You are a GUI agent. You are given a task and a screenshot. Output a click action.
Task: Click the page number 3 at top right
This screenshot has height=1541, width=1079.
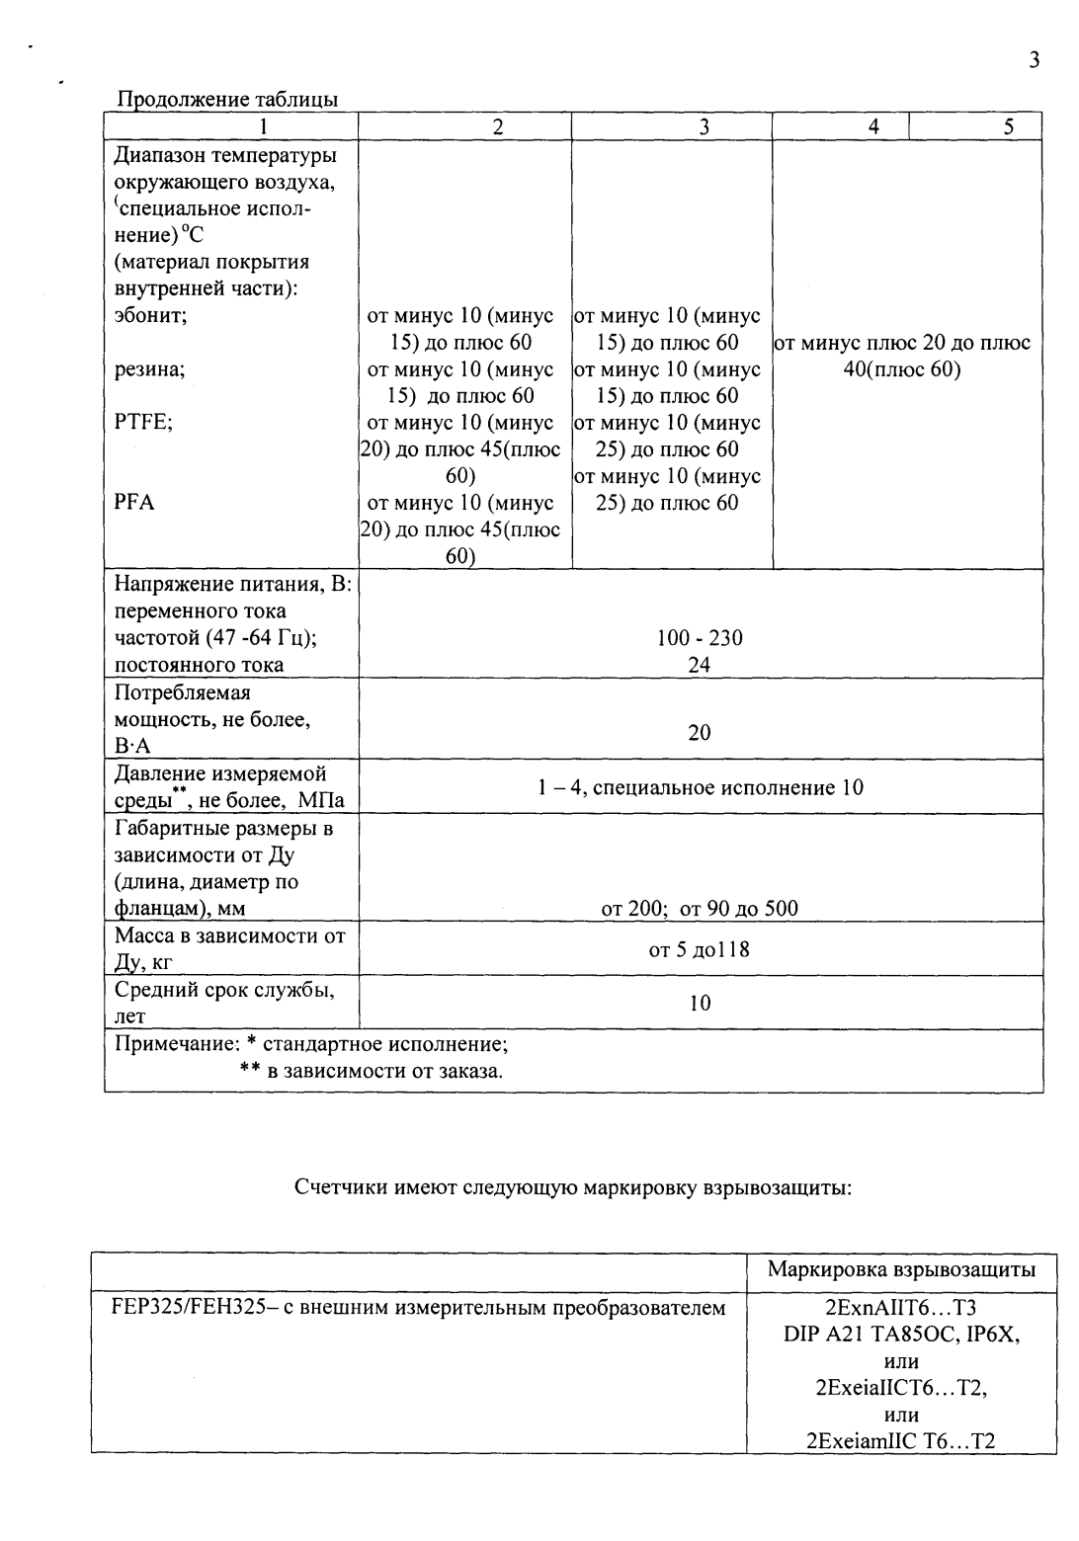1034,60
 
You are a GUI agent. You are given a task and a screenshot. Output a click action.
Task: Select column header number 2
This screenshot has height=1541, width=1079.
498,126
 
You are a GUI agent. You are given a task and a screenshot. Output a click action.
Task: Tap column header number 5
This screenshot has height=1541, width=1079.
1008,126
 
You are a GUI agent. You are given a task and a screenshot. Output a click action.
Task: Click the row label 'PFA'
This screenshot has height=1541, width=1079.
134,503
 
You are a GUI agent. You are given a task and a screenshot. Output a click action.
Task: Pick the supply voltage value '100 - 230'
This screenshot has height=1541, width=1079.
700,638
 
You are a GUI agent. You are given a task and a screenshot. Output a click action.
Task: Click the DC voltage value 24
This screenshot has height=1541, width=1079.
700,665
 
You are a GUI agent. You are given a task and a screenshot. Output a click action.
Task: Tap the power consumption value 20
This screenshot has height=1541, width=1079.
700,732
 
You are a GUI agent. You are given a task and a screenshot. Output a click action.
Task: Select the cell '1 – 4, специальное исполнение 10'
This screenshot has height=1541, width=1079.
700,787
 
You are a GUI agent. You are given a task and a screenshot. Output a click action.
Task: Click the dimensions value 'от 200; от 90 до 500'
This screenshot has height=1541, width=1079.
700,909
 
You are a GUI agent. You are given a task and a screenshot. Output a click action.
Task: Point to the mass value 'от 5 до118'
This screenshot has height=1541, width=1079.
700,950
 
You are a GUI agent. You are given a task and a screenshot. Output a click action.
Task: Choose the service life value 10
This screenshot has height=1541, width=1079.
700,1004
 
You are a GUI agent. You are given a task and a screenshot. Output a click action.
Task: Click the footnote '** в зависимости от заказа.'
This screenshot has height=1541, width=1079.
372,1071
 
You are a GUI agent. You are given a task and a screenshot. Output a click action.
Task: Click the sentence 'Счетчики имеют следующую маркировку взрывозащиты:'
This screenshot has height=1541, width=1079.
573,1187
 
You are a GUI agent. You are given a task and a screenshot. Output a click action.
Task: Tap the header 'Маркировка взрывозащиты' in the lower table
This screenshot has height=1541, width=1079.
901,1270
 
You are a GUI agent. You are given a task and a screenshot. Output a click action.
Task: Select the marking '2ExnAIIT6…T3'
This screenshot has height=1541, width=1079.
900,1308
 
